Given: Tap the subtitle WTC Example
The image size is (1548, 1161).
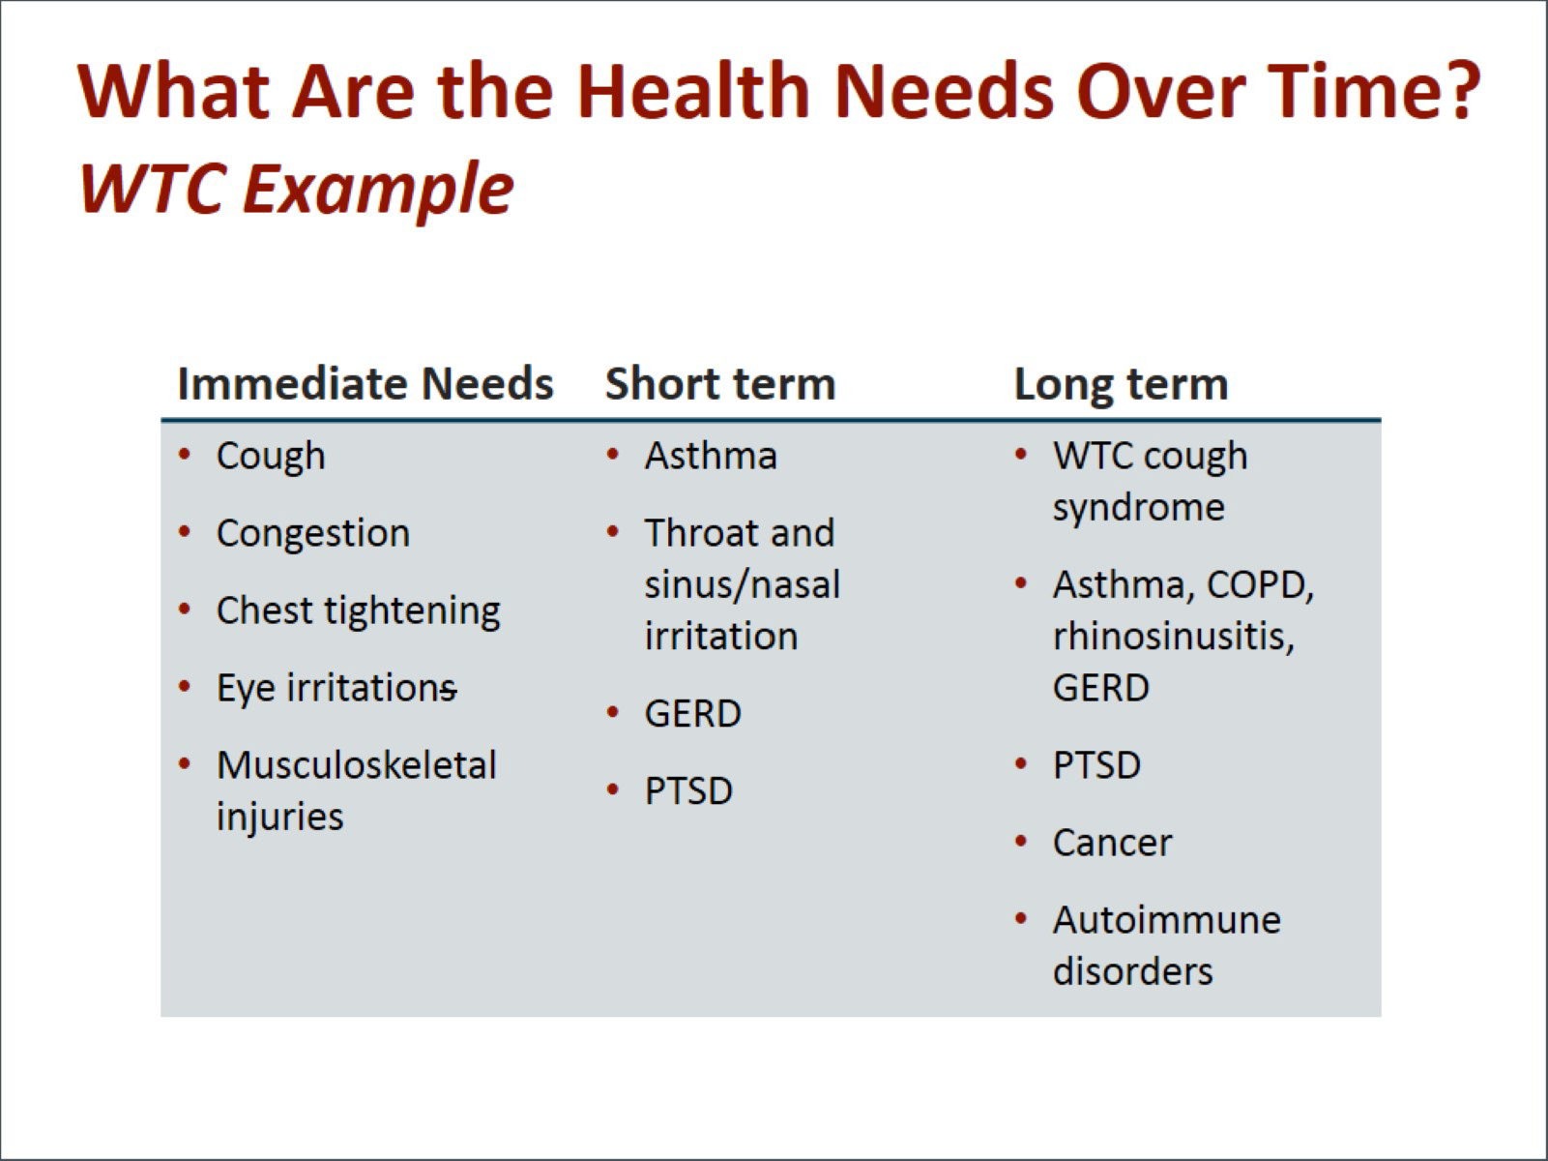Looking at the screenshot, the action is pyautogui.click(x=297, y=189).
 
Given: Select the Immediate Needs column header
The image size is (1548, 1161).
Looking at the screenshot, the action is pyautogui.click(x=365, y=384).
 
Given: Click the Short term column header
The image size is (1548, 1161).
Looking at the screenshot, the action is pyautogui.click(x=720, y=384).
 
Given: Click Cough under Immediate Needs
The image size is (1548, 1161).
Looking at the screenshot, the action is pyautogui.click(x=271, y=457).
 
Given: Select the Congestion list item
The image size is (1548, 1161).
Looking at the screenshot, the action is pyautogui.click(x=313, y=534).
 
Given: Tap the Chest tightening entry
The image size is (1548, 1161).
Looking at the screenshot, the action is pyautogui.click(x=359, y=611).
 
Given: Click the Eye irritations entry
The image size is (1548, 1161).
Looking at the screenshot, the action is pyautogui.click(x=336, y=689).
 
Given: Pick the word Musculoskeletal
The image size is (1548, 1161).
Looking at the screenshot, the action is pyautogui.click(x=357, y=765).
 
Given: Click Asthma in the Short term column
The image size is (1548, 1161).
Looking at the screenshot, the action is pyautogui.click(x=711, y=456).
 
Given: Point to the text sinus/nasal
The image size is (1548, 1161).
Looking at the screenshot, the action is pyautogui.click(x=742, y=584).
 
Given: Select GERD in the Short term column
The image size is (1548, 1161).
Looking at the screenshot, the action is pyautogui.click(x=692, y=714).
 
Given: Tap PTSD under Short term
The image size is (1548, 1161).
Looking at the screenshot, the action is pyautogui.click(x=688, y=790).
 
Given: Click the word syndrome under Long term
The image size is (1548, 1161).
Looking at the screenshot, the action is pyautogui.click(x=1138, y=509).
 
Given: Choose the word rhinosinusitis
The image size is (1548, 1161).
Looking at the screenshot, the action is pyautogui.click(x=1173, y=637).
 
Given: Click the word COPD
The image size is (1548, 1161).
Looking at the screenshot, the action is pyautogui.click(x=1260, y=585).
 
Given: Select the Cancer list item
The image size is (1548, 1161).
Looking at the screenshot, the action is pyautogui.click(x=1112, y=843).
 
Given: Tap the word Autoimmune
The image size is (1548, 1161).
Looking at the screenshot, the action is pyautogui.click(x=1166, y=920).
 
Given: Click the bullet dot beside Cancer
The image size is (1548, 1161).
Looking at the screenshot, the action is pyautogui.click(x=1020, y=841).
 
